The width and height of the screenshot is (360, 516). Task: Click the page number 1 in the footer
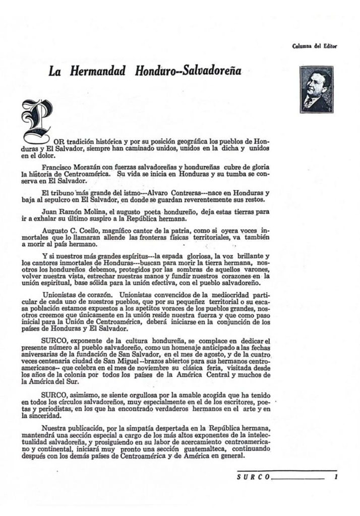tap(335, 475)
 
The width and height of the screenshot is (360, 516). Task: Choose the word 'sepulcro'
tap(71, 200)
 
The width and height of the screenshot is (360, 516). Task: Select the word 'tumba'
tap(229, 174)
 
